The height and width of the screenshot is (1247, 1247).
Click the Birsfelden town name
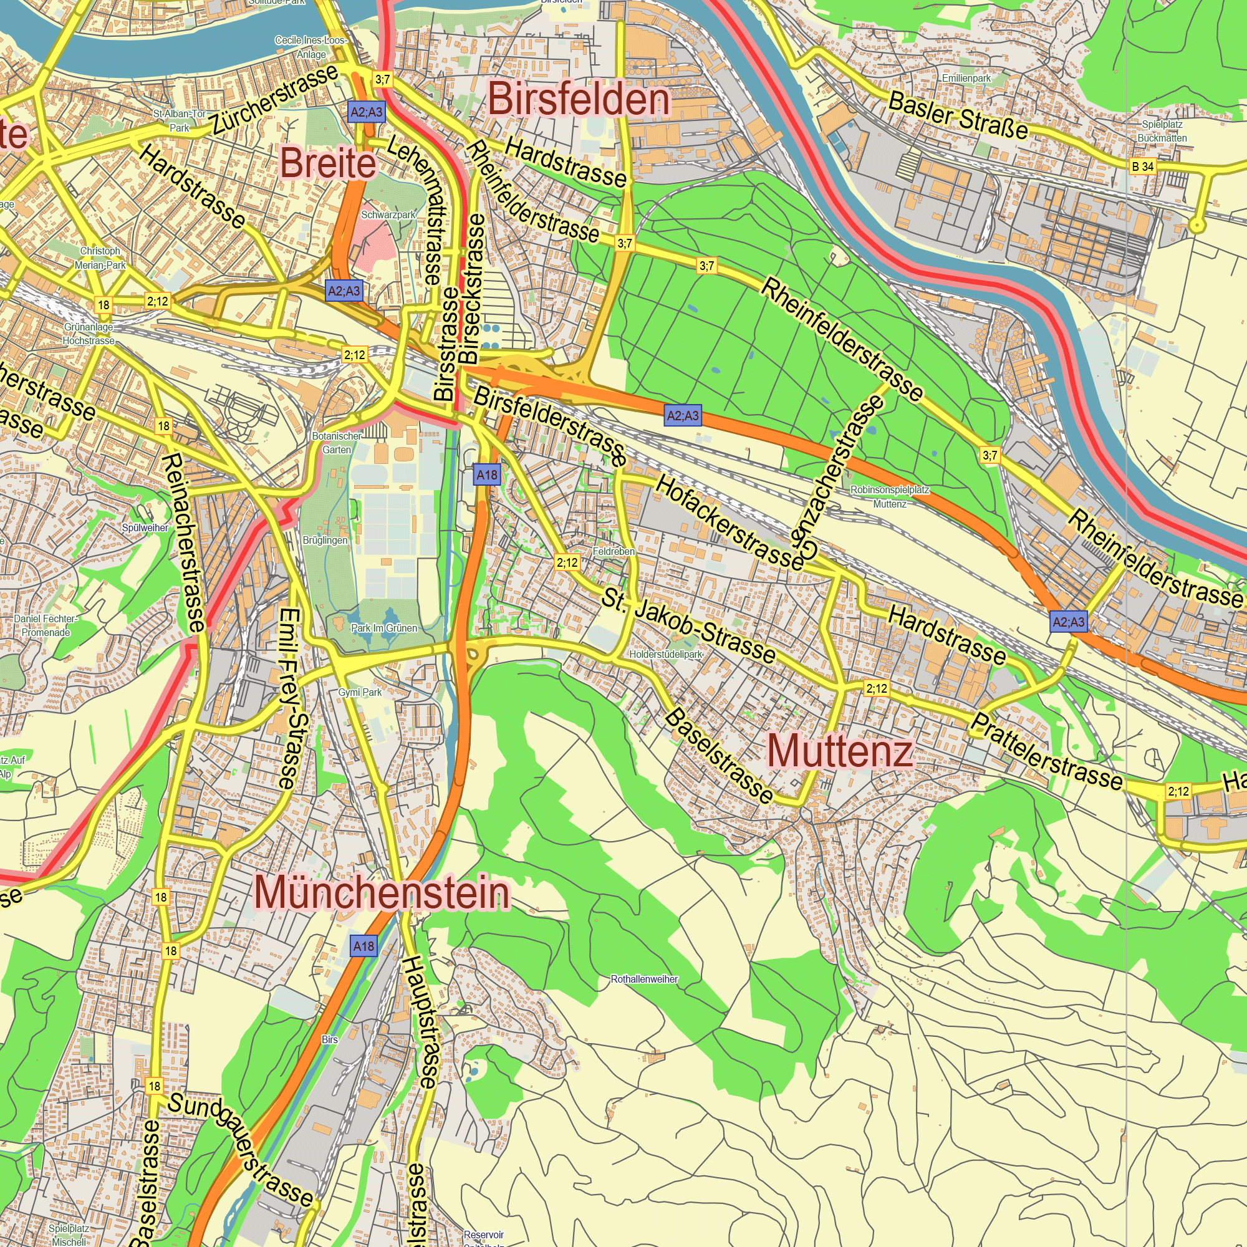pyautogui.click(x=579, y=100)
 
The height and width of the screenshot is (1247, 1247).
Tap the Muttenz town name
pyautogui.click(x=840, y=752)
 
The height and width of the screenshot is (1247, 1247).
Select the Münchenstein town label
pyautogui.click(x=382, y=893)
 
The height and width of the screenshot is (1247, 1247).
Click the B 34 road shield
pyautogui.click(x=1142, y=166)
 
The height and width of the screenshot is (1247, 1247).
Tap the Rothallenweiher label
pyautogui.click(x=644, y=979)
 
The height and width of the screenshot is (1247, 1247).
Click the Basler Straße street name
pyautogui.click(x=958, y=115)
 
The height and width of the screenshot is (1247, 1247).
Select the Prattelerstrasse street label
pyautogui.click(x=1046, y=752)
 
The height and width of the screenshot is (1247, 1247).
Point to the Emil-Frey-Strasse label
pyautogui.click(x=289, y=698)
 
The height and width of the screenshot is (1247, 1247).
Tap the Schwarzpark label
pyautogui.click(x=388, y=215)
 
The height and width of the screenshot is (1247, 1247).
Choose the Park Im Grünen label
pyautogui.click(x=384, y=628)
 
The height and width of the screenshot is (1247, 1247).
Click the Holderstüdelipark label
pyautogui.click(x=665, y=655)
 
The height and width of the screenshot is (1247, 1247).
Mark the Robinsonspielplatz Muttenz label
pyautogui.click(x=890, y=496)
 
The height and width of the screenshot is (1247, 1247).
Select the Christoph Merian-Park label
pyautogui.click(x=100, y=258)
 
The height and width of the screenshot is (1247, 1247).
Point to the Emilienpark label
pyautogui.click(x=966, y=78)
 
